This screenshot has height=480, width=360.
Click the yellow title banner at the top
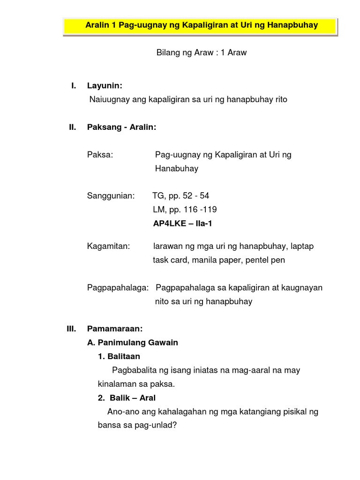[201, 25]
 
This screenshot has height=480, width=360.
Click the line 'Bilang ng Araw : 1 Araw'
[201, 53]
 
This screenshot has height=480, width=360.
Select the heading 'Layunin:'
[105, 86]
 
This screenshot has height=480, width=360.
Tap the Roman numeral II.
[72, 127]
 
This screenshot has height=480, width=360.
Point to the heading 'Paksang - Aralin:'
[122, 127]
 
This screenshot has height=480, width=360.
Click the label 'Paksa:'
[100, 155]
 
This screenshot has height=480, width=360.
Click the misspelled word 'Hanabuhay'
[177, 169]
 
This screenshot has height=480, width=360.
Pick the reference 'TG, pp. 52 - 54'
[181, 196]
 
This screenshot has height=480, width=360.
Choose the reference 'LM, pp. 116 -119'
[185, 210]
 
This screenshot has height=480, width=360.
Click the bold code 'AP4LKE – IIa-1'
[183, 224]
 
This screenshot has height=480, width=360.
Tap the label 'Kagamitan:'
[108, 246]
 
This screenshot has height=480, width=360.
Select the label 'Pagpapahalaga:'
[118, 288]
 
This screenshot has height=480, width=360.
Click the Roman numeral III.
[71, 329]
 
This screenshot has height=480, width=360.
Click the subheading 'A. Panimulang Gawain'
[133, 343]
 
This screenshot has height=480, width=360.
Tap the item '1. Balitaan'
[119, 357]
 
